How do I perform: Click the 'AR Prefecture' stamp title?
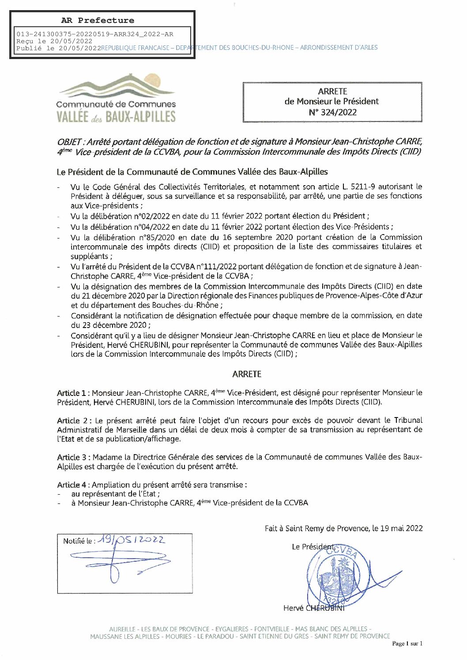(98, 20)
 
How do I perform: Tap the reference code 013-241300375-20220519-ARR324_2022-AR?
(95, 34)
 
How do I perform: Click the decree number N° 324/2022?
(332, 112)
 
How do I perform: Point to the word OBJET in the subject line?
(69, 142)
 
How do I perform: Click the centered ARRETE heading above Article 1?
(247, 374)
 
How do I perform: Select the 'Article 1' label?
(72, 393)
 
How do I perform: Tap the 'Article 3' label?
(72, 457)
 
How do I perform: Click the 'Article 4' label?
(72, 485)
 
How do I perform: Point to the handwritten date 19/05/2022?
(132, 539)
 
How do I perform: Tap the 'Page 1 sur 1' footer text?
(407, 643)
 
